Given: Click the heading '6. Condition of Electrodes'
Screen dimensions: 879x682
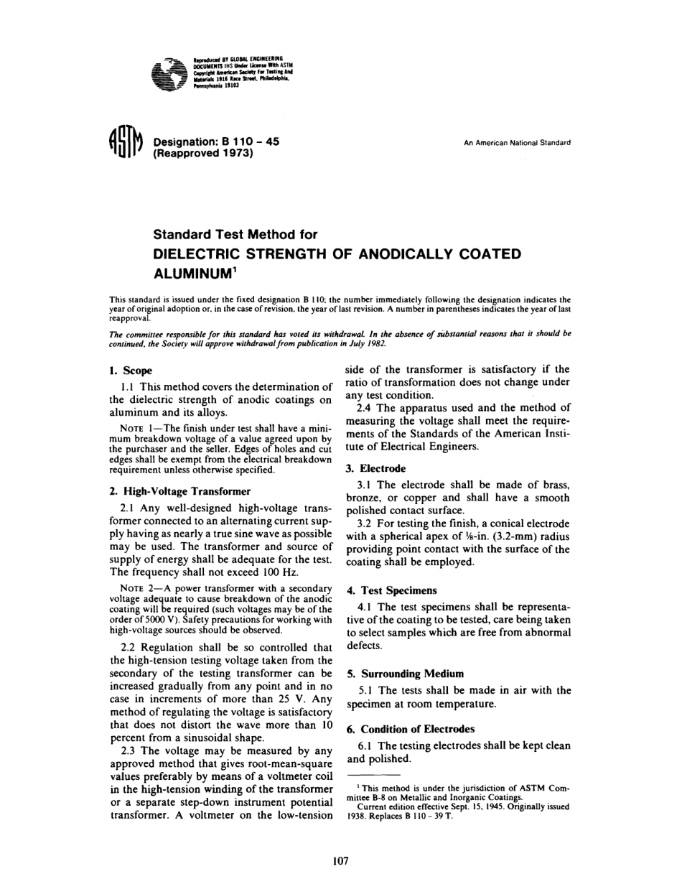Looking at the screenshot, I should [412, 729].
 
